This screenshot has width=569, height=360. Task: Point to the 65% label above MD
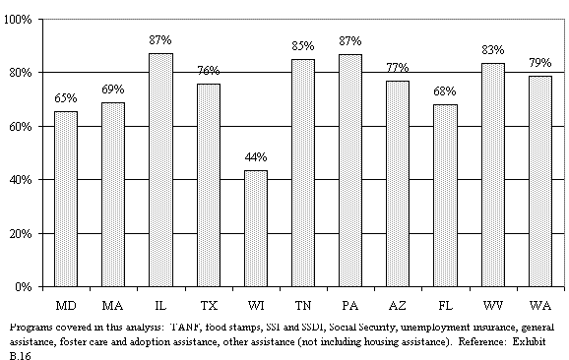(65, 99)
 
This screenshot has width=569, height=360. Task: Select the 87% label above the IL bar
(160, 41)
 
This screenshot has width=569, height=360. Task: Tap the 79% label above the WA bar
(540, 64)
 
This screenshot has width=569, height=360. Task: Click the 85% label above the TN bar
(303, 46)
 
